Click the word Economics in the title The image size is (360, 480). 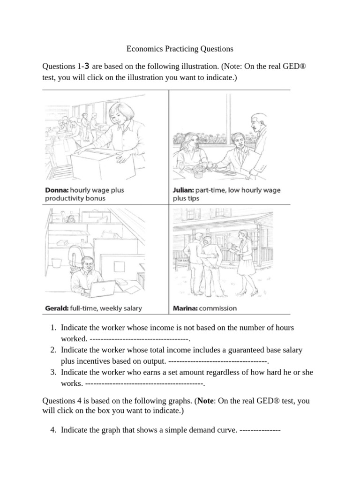145,48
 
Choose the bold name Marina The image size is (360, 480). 184,308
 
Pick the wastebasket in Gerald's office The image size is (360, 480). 56,262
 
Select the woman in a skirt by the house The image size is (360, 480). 245,262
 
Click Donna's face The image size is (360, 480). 115,116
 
